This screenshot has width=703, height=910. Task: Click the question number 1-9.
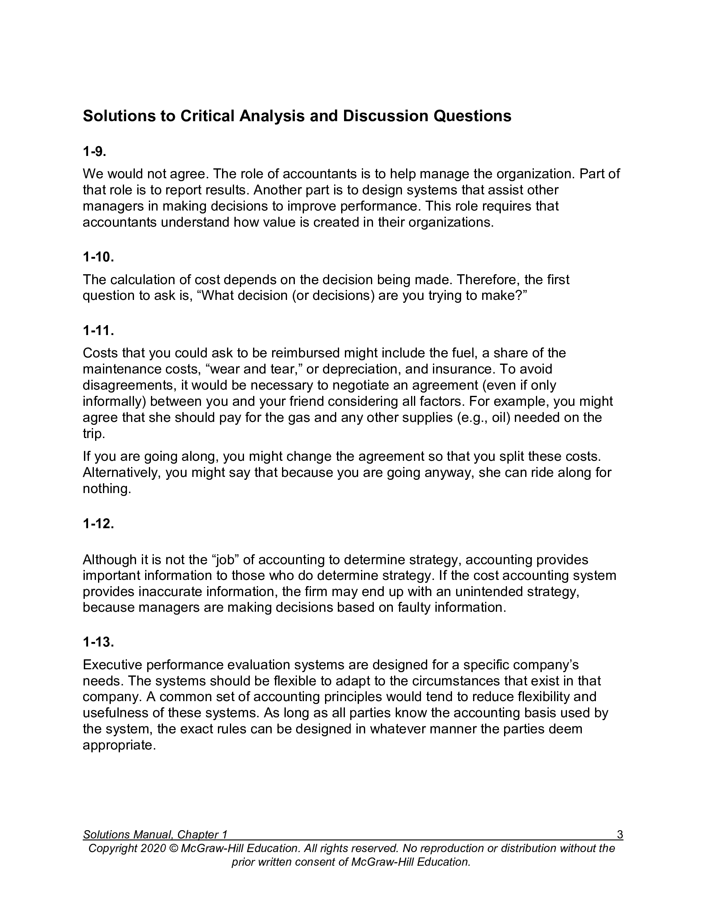tap(94, 152)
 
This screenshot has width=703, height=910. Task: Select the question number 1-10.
tap(98, 257)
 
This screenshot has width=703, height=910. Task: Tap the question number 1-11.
tap(98, 331)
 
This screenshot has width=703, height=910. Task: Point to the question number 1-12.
tap(98, 524)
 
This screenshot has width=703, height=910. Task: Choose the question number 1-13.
tap(98, 642)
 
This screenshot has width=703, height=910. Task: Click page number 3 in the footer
tap(620, 835)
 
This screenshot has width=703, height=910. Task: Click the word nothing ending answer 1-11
tap(107, 489)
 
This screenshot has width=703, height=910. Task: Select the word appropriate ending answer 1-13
tap(119, 745)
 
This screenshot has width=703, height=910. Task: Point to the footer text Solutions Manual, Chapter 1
tap(155, 835)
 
